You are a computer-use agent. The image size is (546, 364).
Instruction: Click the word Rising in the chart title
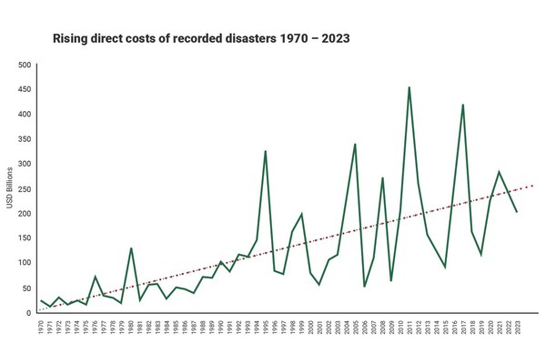72,39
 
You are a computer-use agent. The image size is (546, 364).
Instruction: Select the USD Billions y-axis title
11,189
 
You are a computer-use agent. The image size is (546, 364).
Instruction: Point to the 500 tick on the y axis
25,66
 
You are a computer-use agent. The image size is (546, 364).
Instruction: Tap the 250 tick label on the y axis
25,188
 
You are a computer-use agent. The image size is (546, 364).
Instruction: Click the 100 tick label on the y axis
25,263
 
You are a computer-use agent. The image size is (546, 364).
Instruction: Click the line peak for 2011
409,87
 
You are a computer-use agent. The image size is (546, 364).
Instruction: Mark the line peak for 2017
463,105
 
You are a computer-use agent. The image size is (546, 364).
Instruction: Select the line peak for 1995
266,151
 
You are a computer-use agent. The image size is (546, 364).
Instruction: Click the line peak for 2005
355,144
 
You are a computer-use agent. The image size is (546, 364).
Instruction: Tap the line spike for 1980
131,248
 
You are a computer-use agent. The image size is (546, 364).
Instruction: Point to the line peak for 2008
382,177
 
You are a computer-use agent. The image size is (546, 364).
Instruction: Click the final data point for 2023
517,212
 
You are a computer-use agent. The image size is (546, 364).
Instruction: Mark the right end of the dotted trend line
533,185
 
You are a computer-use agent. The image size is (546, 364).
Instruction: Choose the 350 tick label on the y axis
25,139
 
